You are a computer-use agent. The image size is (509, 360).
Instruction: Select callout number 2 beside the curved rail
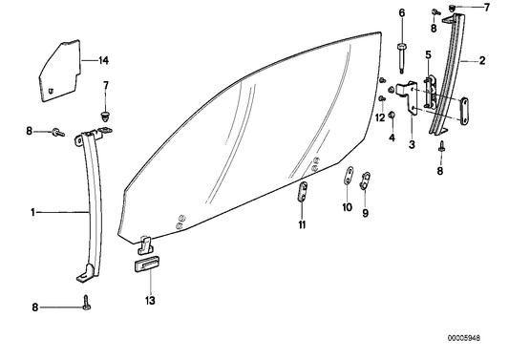[x=482, y=61]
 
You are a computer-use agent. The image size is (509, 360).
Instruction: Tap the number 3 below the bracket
[x=412, y=144]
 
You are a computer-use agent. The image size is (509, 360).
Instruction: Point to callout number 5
[x=429, y=54]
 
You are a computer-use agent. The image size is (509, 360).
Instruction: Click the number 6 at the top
[x=402, y=11]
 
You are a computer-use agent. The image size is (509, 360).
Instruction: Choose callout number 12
[x=379, y=117]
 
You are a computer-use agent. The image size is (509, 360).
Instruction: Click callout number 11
[x=301, y=225]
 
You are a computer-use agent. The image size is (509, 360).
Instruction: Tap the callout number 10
[x=347, y=206]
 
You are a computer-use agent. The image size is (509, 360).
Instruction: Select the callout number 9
[x=365, y=214]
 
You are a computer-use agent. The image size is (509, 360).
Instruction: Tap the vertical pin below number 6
[x=402, y=57]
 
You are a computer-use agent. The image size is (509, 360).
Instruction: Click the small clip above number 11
[x=302, y=191]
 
